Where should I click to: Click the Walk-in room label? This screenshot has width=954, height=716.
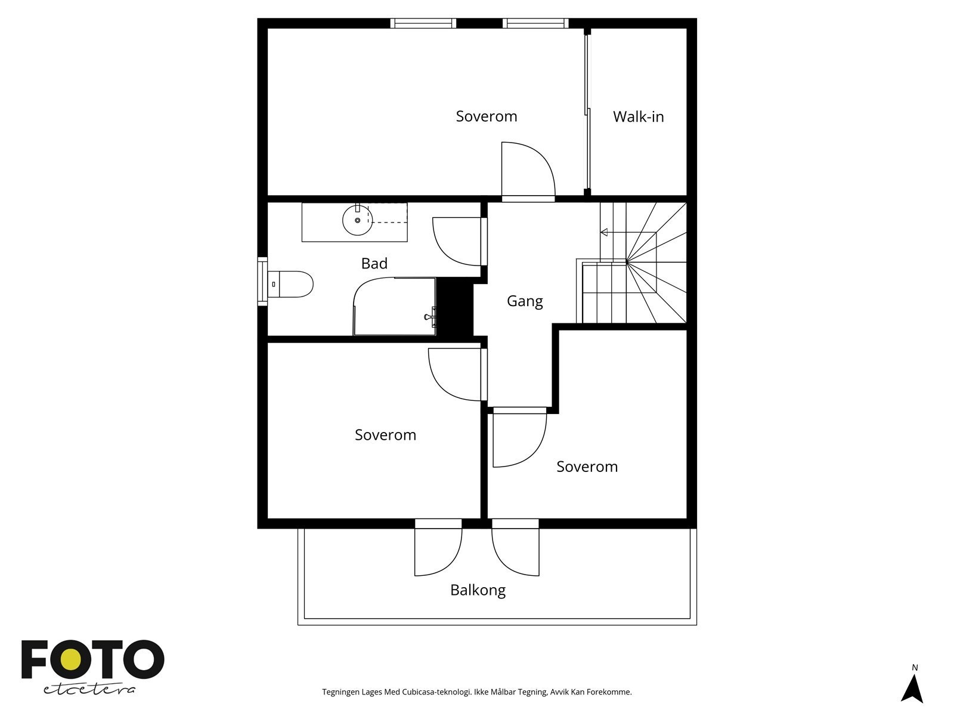click(638, 116)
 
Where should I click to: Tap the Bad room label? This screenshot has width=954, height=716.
click(374, 263)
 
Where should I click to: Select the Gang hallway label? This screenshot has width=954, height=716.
click(525, 301)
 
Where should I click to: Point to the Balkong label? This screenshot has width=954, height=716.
click(478, 590)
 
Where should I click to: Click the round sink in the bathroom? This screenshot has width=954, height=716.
click(357, 220)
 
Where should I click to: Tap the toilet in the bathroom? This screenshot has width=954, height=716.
click(290, 285)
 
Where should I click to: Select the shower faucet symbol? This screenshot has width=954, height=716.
click(430, 316)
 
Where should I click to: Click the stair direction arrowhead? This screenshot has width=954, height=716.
click(603, 232)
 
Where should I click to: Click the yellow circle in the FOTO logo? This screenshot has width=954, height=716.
click(71, 659)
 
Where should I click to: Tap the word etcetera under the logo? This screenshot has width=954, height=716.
click(89, 689)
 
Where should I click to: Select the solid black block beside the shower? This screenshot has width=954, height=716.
click(454, 307)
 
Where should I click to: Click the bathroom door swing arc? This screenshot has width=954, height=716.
click(448, 251)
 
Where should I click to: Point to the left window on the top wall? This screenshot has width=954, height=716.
click(423, 23)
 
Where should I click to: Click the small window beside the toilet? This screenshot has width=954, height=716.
click(262, 281)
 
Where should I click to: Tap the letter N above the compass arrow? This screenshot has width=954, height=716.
click(915, 667)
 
